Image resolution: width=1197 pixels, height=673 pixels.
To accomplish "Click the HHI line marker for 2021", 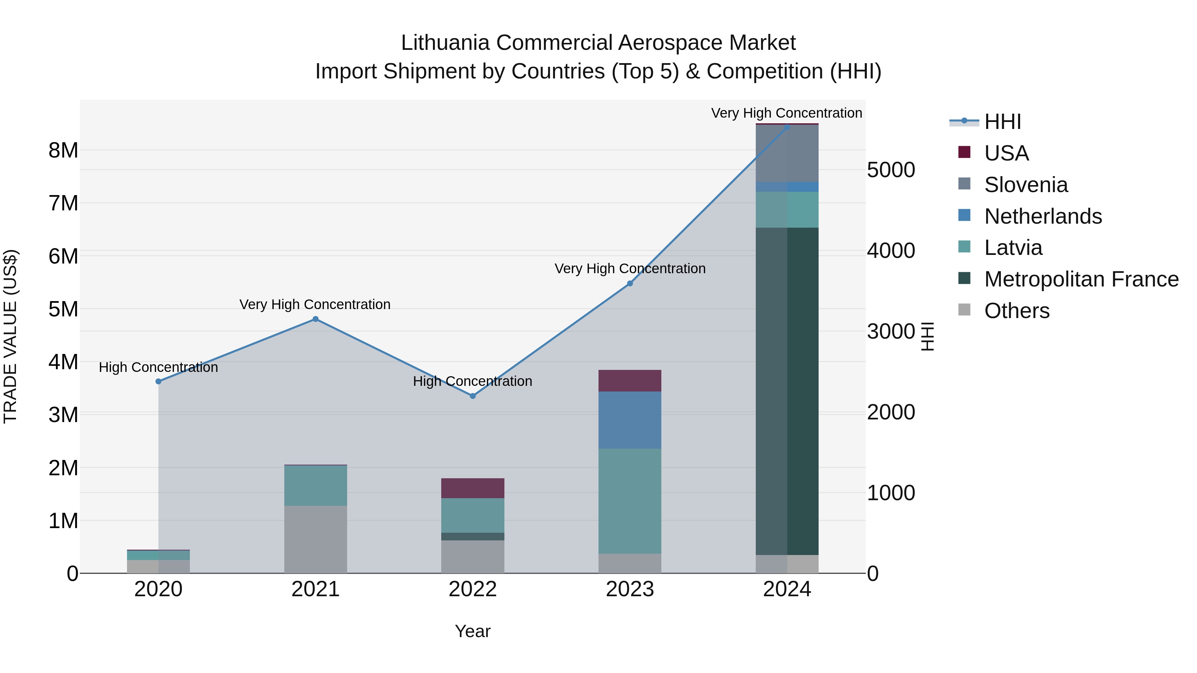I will (316, 319).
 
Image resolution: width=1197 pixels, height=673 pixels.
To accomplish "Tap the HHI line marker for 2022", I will (472, 396).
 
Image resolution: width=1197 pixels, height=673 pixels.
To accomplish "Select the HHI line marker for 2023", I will (630, 283).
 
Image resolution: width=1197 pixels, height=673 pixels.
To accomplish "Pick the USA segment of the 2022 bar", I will (472, 488).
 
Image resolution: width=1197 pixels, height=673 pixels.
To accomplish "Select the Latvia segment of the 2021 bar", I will (316, 485).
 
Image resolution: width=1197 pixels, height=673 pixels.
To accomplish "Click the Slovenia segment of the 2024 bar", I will (787, 153).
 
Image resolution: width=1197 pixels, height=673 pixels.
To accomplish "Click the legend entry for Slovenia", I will (1025, 185).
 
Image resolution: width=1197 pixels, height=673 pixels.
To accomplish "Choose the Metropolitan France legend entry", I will (1081, 279).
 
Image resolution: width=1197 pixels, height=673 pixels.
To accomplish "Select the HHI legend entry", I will (1002, 122).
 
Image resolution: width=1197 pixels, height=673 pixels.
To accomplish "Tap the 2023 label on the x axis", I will (630, 589).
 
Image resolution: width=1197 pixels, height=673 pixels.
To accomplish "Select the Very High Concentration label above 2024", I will (786, 113).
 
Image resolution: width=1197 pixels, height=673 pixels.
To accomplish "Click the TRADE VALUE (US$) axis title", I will (10, 336).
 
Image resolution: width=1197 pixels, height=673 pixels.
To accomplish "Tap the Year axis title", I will (472, 631).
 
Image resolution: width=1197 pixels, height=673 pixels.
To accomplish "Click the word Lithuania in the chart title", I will (445, 43).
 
